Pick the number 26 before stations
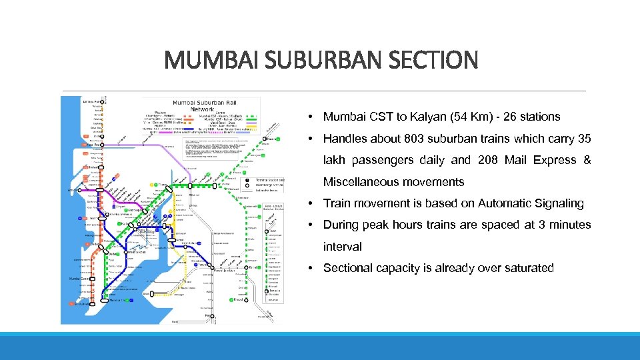[x=513, y=117]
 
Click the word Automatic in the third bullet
[x=491, y=203]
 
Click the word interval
[x=343, y=247]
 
